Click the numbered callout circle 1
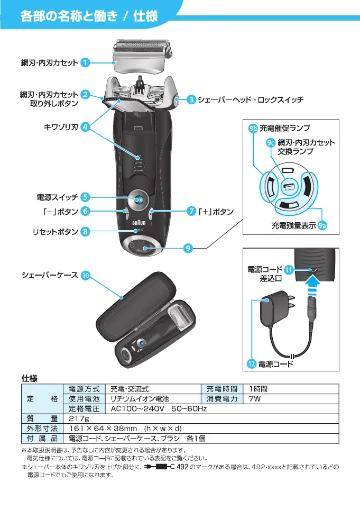tap(85, 63)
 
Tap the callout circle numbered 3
tap(191, 99)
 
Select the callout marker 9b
tap(253, 128)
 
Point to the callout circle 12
tap(252, 364)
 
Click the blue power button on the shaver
tap(140, 199)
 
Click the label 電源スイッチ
tap(57, 197)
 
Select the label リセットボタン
tap(55, 231)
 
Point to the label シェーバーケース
tap(50, 275)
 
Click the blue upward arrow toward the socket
tap(313, 288)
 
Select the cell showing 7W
tap(255, 399)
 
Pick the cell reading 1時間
tap(259, 389)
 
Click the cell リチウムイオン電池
tap(139, 399)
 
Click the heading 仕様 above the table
tap(29, 379)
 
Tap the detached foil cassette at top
tap(141, 56)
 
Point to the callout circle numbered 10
tap(86, 275)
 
